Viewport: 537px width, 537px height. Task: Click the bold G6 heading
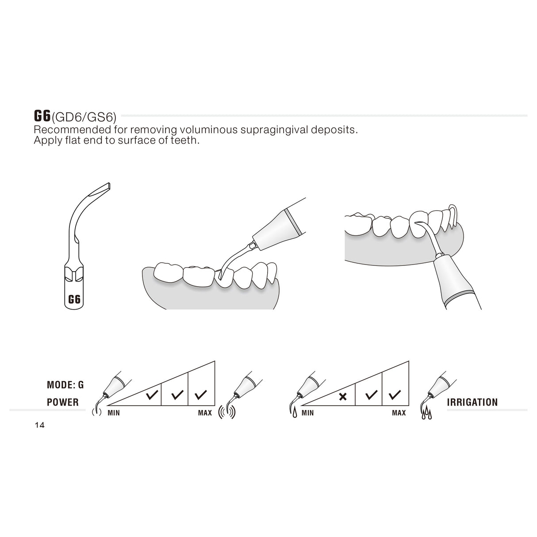[42, 116]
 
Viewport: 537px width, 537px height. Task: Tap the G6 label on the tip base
[74, 299]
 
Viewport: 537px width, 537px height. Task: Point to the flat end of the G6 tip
[105, 187]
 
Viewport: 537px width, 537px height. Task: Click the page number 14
[39, 426]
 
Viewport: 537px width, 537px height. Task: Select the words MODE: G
[65, 385]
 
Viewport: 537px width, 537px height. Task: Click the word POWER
[63, 402]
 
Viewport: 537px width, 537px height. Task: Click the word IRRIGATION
[473, 402]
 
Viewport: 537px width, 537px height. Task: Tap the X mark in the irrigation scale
[342, 396]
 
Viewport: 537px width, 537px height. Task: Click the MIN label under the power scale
[114, 413]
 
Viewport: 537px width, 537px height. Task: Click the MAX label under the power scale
[205, 413]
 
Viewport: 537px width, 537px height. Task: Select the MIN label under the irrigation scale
[307, 413]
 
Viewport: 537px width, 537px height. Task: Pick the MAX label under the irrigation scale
[399, 413]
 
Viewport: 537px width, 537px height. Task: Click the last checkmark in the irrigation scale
[395, 394]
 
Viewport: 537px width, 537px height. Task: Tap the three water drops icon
[426, 415]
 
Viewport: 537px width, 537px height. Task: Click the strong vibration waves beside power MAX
[227, 411]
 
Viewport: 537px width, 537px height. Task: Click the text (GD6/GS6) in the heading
[84, 117]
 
